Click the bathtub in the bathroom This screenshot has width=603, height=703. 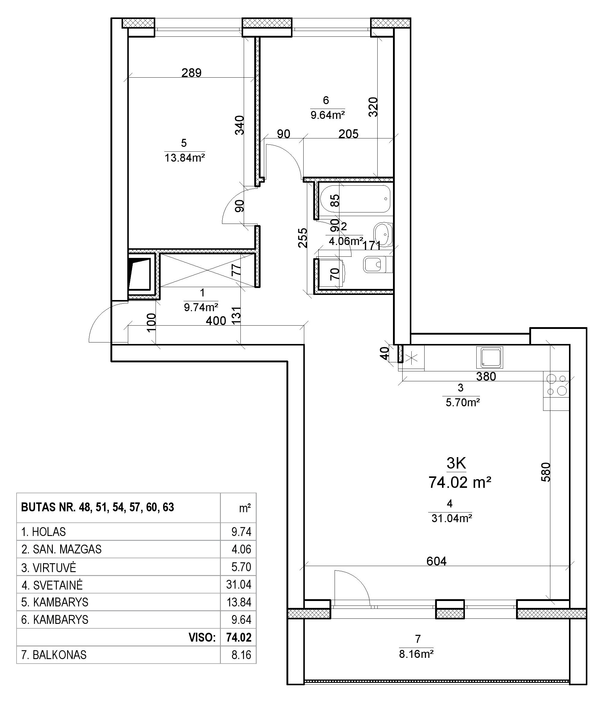point(355,199)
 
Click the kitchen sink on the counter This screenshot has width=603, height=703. point(489,357)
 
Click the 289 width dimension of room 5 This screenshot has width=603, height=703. point(191,73)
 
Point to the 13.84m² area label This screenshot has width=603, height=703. point(185,158)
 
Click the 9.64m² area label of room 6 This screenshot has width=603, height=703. point(328,115)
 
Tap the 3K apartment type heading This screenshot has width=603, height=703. point(456,463)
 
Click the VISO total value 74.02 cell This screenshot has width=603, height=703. point(239,637)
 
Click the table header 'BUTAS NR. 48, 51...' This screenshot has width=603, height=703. point(98,507)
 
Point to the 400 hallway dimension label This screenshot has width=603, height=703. point(216,321)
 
